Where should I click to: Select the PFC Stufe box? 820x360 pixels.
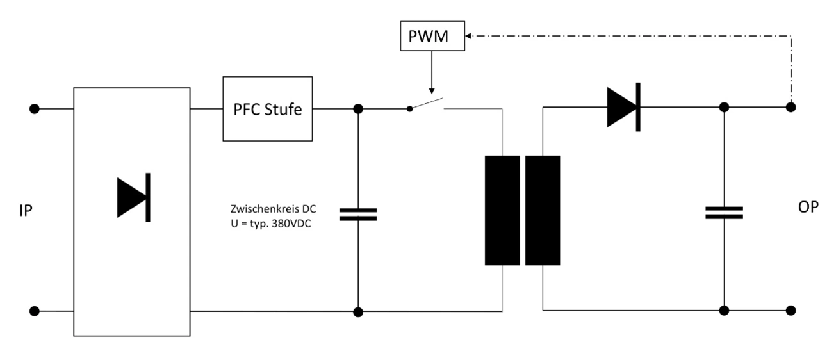(267, 109)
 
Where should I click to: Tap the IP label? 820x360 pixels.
(26, 211)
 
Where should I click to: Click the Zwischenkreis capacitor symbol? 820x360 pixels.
(358, 214)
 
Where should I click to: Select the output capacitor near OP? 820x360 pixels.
(724, 213)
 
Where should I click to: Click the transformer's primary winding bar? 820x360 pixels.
(502, 210)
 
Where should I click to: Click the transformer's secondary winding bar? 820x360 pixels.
(543, 210)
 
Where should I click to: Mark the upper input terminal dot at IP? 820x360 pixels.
(35, 109)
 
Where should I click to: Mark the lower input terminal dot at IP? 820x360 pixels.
(35, 311)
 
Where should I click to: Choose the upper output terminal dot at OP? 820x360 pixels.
(791, 108)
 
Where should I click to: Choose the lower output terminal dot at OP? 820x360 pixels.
(791, 311)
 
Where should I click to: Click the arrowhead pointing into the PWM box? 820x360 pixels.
(469, 37)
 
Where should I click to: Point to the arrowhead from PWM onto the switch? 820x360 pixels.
(432, 89)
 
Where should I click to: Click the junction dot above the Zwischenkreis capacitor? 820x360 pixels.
(358, 109)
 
